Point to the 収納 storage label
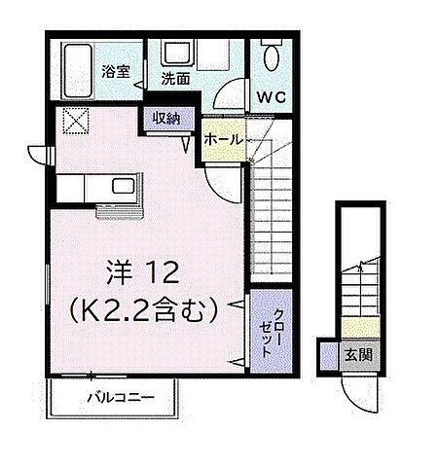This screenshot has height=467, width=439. tap(165, 118)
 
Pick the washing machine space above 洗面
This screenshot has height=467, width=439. tap(177, 54)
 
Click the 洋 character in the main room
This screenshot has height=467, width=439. tap(118, 269)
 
